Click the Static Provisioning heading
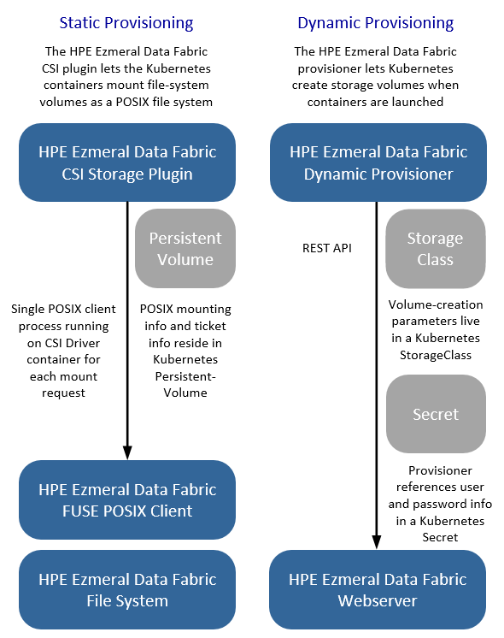tap(126, 23)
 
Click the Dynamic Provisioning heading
tap(376, 23)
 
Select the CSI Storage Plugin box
tap(127, 162)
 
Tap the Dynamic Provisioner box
tap(378, 162)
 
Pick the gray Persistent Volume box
tap(185, 248)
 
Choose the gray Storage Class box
tap(436, 248)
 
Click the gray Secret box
tap(436, 414)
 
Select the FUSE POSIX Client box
tap(127, 499)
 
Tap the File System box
tap(127, 589)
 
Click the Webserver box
tap(378, 589)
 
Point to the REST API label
tap(327, 248)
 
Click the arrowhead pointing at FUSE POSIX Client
tap(127, 452)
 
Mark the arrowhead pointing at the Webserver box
tap(377, 542)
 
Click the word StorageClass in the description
tap(436, 355)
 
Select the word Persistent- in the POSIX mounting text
tap(185, 376)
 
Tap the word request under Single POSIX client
tap(63, 393)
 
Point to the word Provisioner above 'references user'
tap(440, 470)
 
